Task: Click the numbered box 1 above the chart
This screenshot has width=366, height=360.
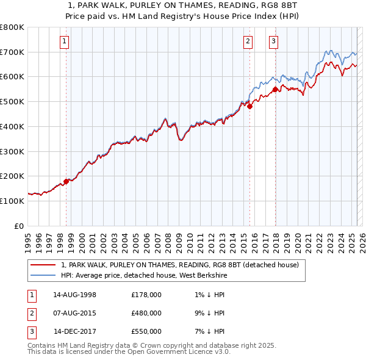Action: tap(64, 41)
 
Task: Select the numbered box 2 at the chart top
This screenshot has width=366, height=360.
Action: tap(248, 41)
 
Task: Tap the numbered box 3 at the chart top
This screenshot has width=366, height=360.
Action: tap(273, 41)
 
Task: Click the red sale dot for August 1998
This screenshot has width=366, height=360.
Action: tap(66, 181)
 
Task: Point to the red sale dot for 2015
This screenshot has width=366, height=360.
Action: tap(249, 106)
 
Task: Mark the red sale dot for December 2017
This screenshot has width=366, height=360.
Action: tap(275, 89)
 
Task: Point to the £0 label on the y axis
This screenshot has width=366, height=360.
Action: tap(20, 226)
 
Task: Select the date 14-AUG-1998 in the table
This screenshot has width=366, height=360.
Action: tap(75, 295)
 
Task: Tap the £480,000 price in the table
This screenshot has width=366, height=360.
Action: tap(146, 313)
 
